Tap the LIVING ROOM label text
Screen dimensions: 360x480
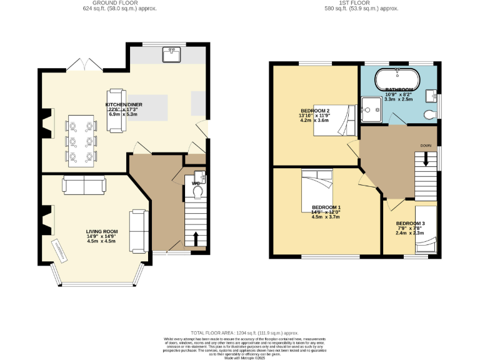[101, 231]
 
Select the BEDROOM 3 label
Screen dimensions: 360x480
[410, 223]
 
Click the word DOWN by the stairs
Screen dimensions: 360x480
[426, 146]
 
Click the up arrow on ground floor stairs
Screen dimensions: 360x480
[197, 238]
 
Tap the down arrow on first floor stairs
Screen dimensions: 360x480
[426, 159]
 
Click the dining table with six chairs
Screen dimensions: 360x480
[81, 141]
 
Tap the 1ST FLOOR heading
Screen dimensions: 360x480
[371, 3]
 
